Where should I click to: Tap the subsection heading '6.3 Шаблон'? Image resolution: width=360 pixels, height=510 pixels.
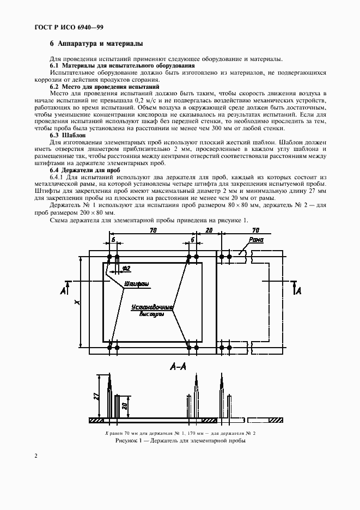click(x=68, y=135)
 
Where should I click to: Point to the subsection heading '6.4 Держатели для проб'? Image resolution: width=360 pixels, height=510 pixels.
click(x=84, y=169)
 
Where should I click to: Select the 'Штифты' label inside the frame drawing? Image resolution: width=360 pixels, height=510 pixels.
click(x=137, y=284)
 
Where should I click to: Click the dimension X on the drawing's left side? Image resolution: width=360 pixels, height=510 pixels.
click(x=77, y=301)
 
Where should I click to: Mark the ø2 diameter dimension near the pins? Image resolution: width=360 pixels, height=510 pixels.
click(x=125, y=268)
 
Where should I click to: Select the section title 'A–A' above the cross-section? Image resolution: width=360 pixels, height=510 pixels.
click(x=179, y=367)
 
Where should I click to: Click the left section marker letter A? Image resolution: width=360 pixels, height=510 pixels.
click(x=63, y=291)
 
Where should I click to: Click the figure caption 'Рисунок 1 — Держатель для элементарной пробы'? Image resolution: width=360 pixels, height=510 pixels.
click(x=180, y=441)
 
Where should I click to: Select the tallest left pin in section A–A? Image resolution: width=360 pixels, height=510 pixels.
click(x=109, y=395)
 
